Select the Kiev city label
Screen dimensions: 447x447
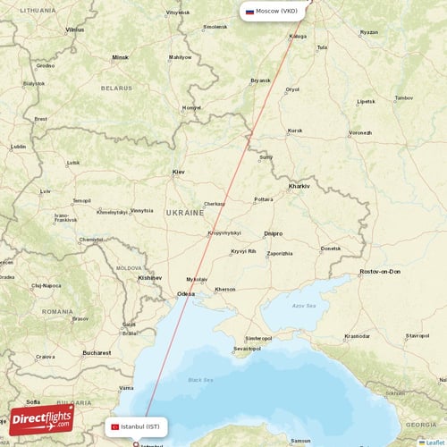179,172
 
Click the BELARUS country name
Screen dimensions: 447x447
116,88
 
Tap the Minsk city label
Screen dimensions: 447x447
121,57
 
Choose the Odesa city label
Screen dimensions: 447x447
186,293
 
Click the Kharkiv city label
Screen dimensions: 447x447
299,186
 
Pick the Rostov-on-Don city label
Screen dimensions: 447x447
380,271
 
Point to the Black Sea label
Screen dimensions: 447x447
200,380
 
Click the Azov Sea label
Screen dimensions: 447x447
304,306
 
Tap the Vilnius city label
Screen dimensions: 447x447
75,30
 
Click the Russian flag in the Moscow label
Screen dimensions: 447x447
249,12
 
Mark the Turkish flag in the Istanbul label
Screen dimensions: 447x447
114,427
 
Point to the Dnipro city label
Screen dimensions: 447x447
274,233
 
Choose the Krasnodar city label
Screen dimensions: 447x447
358,336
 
